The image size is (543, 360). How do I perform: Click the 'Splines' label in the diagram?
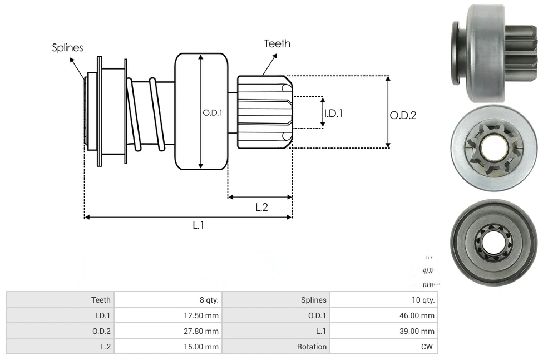click(x=67, y=48)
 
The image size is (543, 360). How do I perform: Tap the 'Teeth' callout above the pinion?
click(x=277, y=43)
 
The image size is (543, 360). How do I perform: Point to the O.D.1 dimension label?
click(x=213, y=112)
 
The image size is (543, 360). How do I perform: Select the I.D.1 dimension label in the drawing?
click(x=333, y=113)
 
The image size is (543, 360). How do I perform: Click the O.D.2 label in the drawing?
click(x=403, y=116)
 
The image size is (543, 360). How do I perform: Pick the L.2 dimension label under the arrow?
click(x=261, y=207)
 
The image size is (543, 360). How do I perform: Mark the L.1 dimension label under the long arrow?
click(x=199, y=225)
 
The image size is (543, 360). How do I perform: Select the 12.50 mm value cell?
click(x=203, y=315)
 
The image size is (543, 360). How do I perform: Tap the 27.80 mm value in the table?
click(x=203, y=331)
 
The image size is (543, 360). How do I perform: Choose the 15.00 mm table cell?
click(x=203, y=347)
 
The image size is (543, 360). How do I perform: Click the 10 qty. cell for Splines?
click(x=423, y=300)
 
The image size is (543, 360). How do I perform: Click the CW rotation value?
click(x=428, y=347)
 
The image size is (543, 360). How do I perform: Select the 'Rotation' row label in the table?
click(x=312, y=347)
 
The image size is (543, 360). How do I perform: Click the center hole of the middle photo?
click(x=493, y=147)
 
